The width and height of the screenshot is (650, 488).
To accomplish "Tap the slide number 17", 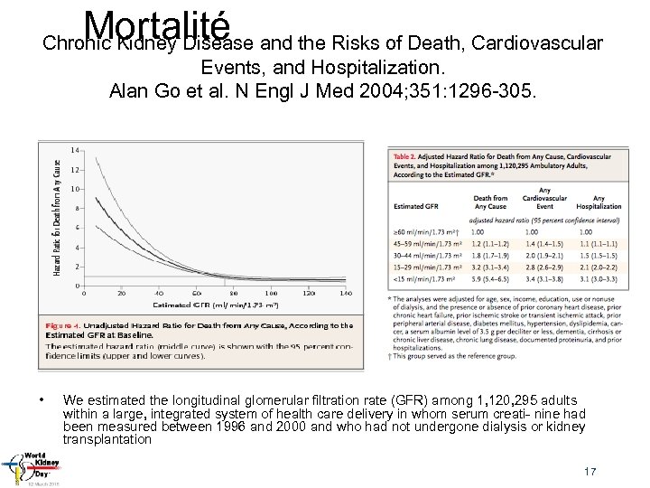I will tap(590, 472).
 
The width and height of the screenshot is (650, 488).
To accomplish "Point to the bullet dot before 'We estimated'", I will tap(42, 399).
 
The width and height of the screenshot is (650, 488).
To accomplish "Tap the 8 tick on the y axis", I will tap(77, 208).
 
